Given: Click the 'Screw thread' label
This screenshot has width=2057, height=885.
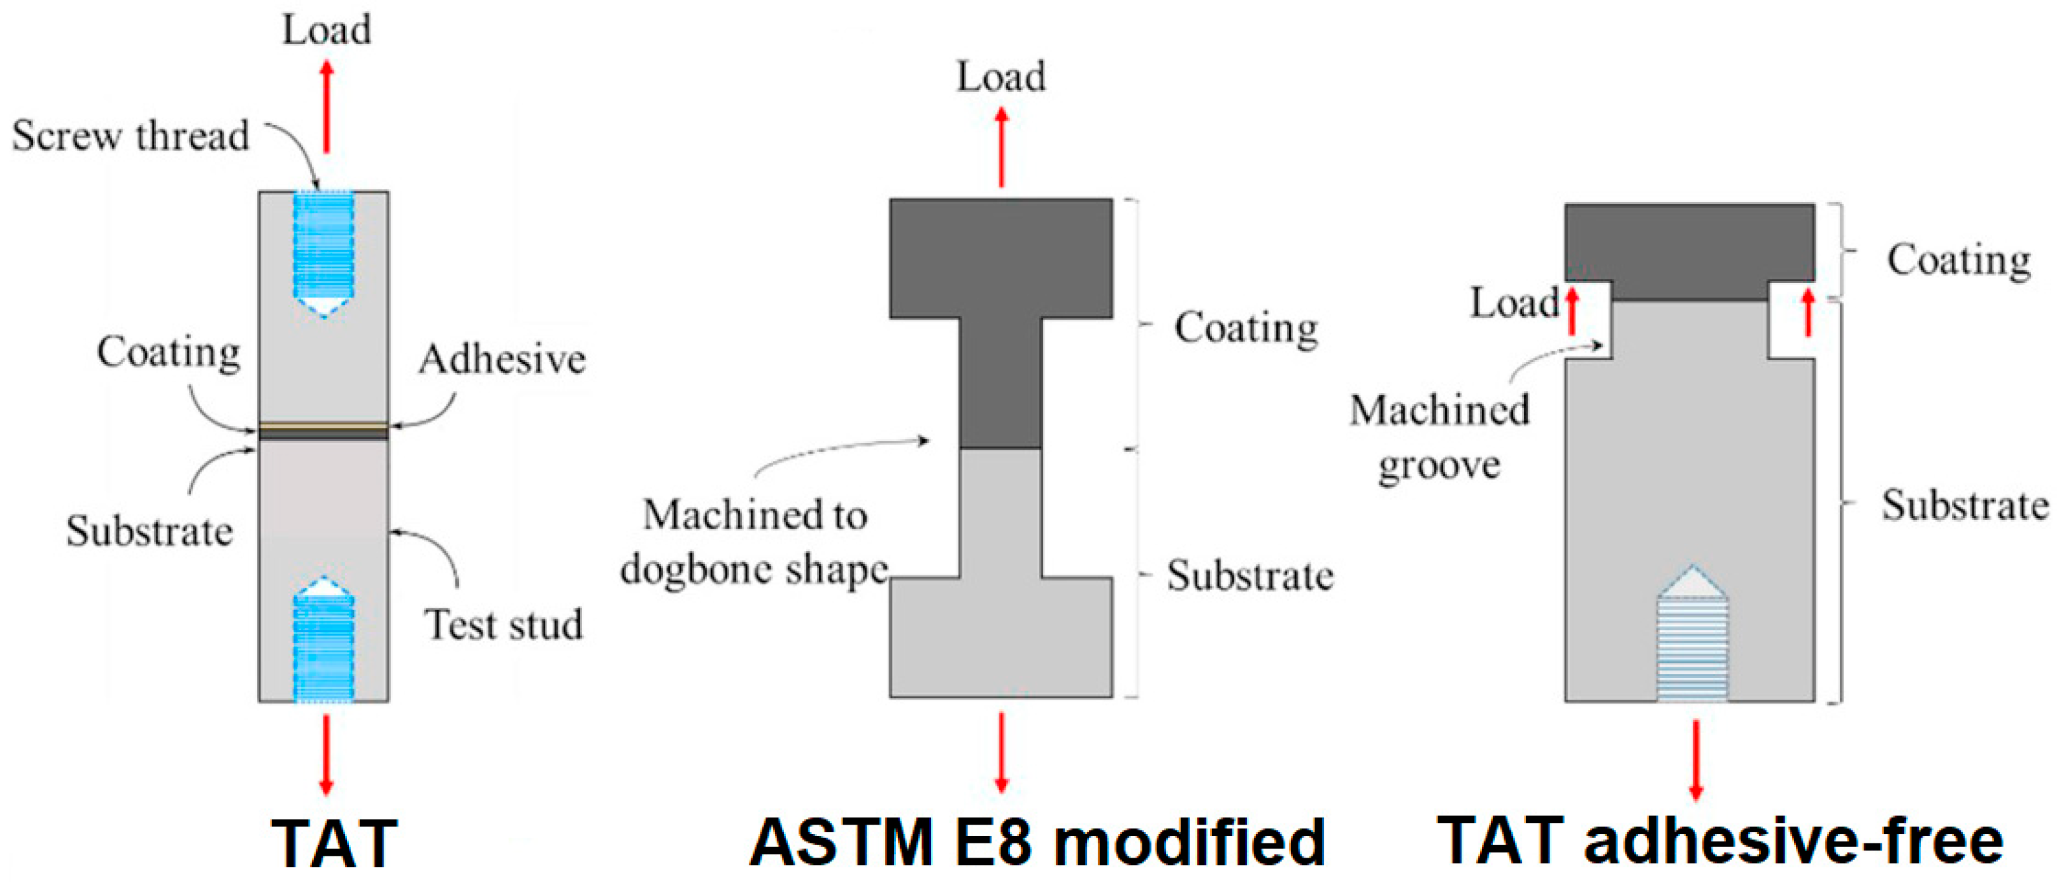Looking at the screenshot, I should pos(130,136).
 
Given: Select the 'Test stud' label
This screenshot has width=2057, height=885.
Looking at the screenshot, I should pos(503,624).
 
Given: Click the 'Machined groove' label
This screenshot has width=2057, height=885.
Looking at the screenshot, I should pos(1439,437).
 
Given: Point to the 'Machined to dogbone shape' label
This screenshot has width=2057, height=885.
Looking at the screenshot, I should pos(755,542).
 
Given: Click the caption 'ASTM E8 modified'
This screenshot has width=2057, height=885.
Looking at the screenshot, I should pos(1037,842).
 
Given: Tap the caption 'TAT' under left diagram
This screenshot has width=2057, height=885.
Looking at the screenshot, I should pos(334,843).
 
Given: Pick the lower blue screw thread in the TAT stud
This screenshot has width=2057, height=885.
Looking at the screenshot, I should pos(323,647).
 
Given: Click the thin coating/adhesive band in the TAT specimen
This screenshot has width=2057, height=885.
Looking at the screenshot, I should pos(323,432).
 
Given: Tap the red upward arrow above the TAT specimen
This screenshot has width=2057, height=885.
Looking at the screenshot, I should pos(326,107).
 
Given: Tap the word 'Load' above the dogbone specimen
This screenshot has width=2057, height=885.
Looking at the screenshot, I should pos(1001,78).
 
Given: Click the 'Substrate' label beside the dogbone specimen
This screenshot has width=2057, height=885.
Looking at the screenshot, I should pos(1250,575).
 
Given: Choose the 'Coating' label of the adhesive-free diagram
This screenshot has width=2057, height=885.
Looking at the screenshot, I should pos(1959,261).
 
